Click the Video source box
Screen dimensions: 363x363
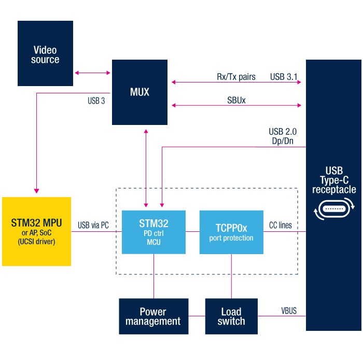45,53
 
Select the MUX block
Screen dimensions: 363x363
139,92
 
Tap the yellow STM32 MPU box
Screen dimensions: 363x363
36,231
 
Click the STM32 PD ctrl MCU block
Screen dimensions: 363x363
153,231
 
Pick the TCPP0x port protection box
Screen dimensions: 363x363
231,231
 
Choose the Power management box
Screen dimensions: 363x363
153,316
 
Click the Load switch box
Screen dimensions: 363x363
231,316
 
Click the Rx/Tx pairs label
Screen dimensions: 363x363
236,77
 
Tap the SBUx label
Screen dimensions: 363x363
236,100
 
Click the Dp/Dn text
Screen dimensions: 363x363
283,140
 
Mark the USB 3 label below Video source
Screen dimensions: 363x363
96,101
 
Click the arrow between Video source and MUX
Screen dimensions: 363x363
92,73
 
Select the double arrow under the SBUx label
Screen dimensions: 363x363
236,105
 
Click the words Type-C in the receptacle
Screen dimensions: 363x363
334,180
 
